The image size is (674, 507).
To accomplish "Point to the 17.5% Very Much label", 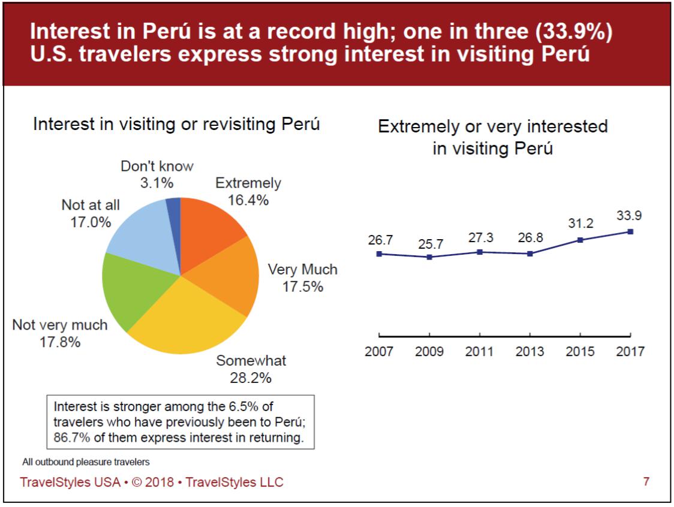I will coord(303,286).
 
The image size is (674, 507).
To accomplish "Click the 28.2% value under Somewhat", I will coord(251,378).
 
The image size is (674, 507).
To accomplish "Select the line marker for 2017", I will coord(630,231).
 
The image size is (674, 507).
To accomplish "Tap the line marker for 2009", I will coord(429,257).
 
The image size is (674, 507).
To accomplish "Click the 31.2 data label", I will coord(580,223).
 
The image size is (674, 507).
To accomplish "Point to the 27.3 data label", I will coord(480,237).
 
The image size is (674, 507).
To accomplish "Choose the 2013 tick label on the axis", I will coord(530,351).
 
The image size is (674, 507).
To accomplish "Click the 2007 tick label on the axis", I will coord(379,351).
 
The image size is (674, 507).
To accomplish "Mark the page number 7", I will coord(646,481).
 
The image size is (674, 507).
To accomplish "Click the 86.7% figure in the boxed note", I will coord(70,438).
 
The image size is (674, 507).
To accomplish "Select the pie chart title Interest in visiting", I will coord(176,125).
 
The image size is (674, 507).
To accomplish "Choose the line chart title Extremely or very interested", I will coord(493,126).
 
